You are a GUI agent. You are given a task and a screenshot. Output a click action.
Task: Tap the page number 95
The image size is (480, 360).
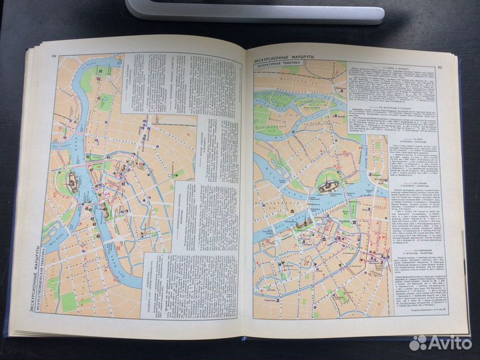[x=439, y=67]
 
